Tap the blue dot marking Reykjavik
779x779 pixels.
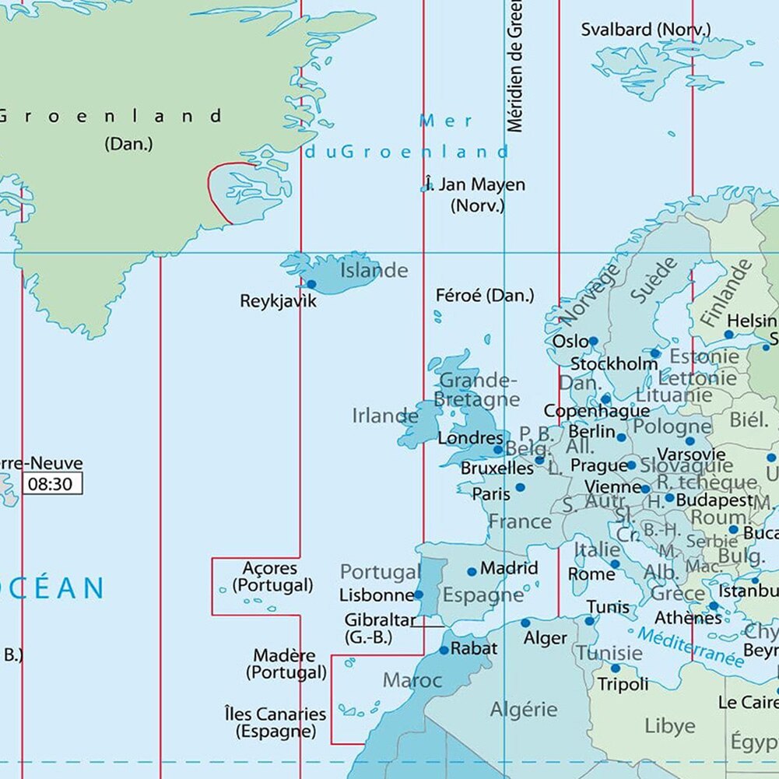(x=311, y=284)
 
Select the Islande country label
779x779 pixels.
(x=374, y=271)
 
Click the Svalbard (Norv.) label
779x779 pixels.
(x=646, y=30)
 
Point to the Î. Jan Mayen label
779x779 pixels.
(x=475, y=185)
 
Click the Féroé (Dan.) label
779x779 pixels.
(x=485, y=296)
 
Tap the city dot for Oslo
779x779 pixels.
(x=593, y=341)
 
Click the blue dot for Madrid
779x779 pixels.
(x=472, y=571)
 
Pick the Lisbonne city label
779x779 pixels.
(x=377, y=595)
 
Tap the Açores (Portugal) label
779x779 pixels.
(x=270, y=577)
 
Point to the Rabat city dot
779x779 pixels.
(x=444, y=650)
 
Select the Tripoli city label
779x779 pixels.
(x=623, y=685)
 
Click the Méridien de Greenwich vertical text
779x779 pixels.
(x=514, y=66)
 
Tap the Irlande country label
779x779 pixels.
(x=384, y=416)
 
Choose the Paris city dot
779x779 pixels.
(x=520, y=487)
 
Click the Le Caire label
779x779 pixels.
(x=748, y=703)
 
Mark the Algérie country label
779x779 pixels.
(x=524, y=709)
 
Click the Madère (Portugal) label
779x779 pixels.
(x=286, y=664)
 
